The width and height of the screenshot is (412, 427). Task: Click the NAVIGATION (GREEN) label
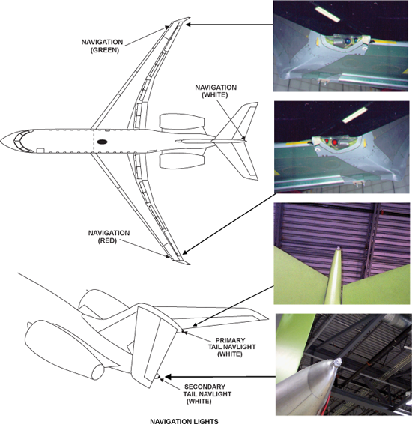click(x=102, y=46)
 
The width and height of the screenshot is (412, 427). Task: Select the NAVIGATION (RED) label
click(x=109, y=237)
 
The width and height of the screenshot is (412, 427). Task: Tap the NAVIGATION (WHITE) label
click(x=216, y=91)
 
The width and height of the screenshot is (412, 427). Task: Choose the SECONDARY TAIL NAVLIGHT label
click(x=207, y=394)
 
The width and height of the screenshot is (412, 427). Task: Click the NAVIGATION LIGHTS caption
click(x=184, y=422)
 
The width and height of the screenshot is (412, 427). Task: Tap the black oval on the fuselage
click(x=102, y=142)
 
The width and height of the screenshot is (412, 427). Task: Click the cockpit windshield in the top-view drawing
click(x=23, y=140)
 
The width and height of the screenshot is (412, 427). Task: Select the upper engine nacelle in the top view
click(x=182, y=121)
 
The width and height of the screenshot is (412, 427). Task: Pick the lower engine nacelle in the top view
click(x=182, y=160)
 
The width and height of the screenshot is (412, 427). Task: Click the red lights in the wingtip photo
click(x=330, y=142)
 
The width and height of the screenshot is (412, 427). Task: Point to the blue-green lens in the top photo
click(x=348, y=41)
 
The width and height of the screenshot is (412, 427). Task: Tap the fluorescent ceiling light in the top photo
click(x=327, y=14)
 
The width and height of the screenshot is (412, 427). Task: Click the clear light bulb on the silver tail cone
click(x=338, y=362)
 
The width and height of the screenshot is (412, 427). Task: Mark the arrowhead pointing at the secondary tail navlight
click(x=168, y=377)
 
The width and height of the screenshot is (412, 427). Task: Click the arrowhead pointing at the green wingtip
click(x=189, y=25)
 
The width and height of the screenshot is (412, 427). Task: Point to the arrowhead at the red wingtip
click(x=184, y=252)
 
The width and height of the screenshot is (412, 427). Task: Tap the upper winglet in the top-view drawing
click(x=180, y=20)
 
